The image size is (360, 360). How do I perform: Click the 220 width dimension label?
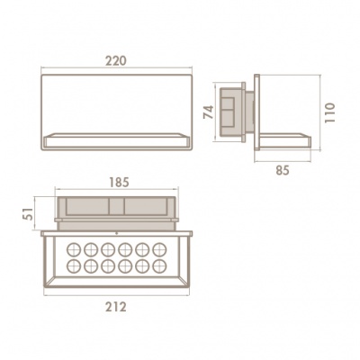point(116,61)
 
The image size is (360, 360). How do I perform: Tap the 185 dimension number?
point(119,183)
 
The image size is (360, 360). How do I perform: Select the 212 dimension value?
point(116,307)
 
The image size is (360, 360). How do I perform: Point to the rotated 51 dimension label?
point(29,213)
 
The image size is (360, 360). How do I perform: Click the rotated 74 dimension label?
point(209,112)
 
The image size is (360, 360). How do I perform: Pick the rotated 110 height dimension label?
point(329,112)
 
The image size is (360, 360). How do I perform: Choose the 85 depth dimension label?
point(283,170)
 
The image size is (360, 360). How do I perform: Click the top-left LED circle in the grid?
point(74,249)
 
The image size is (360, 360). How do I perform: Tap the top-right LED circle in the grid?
point(159,249)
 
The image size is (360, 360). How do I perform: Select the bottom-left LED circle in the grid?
point(74,266)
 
